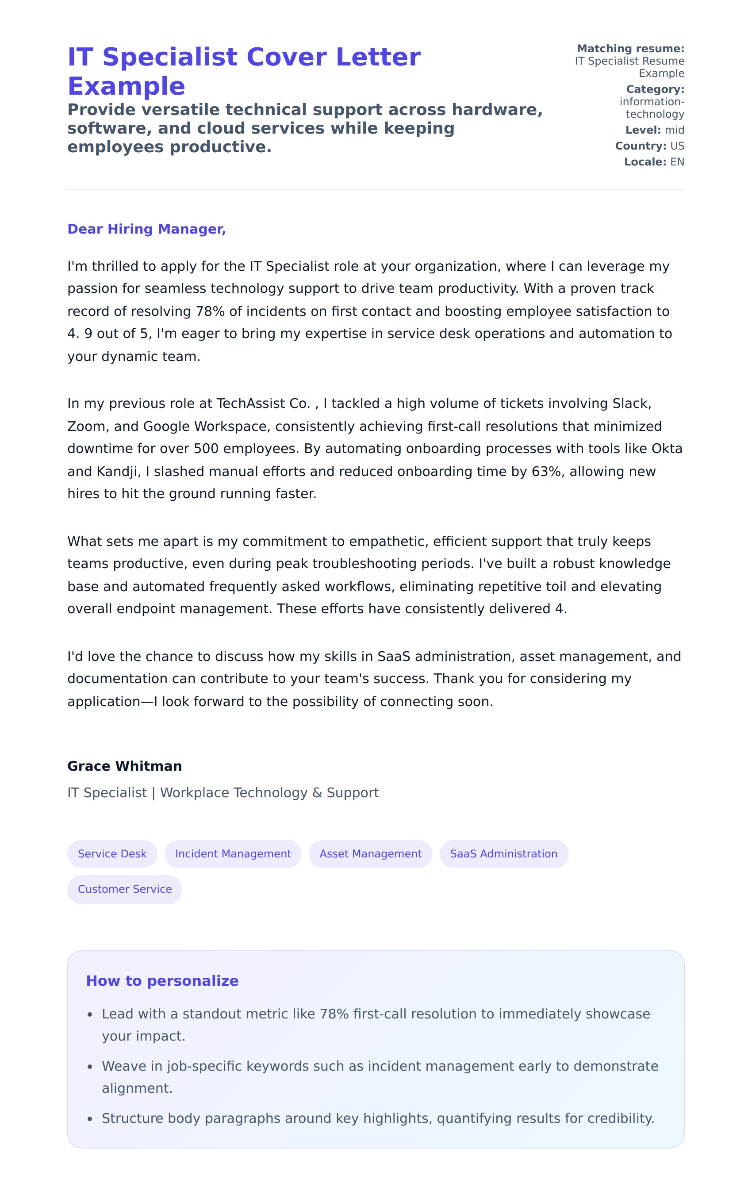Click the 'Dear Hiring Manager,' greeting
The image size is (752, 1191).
146,229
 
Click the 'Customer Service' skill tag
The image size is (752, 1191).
125,889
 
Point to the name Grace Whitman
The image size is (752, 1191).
125,766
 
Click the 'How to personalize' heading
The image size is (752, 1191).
162,980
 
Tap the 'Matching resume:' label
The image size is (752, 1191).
630,49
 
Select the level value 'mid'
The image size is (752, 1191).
675,130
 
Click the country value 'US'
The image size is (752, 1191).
677,146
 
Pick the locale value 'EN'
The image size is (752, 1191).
677,162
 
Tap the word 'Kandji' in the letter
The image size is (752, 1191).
117,471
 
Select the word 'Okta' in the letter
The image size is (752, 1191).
667,449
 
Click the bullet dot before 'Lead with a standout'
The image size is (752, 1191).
90,1014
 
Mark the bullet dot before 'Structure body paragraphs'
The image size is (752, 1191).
90,1119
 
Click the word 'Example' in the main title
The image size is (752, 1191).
126,86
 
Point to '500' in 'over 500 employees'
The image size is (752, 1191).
206,449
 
